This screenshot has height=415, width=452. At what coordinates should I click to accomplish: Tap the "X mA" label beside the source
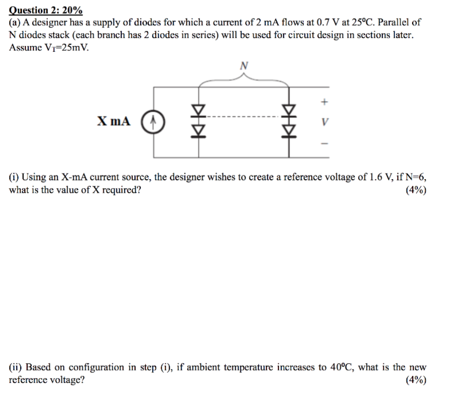113,121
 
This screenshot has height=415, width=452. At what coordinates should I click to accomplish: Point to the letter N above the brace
244,66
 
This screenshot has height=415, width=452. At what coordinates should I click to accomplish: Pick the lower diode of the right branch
289,128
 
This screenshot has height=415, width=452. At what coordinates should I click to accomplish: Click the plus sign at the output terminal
325,101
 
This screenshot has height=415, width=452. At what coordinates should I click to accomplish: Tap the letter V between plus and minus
325,121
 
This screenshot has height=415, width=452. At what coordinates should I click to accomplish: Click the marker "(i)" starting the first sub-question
14,178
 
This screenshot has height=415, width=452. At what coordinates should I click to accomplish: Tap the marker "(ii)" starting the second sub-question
16,368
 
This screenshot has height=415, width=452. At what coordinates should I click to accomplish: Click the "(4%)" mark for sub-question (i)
416,190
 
